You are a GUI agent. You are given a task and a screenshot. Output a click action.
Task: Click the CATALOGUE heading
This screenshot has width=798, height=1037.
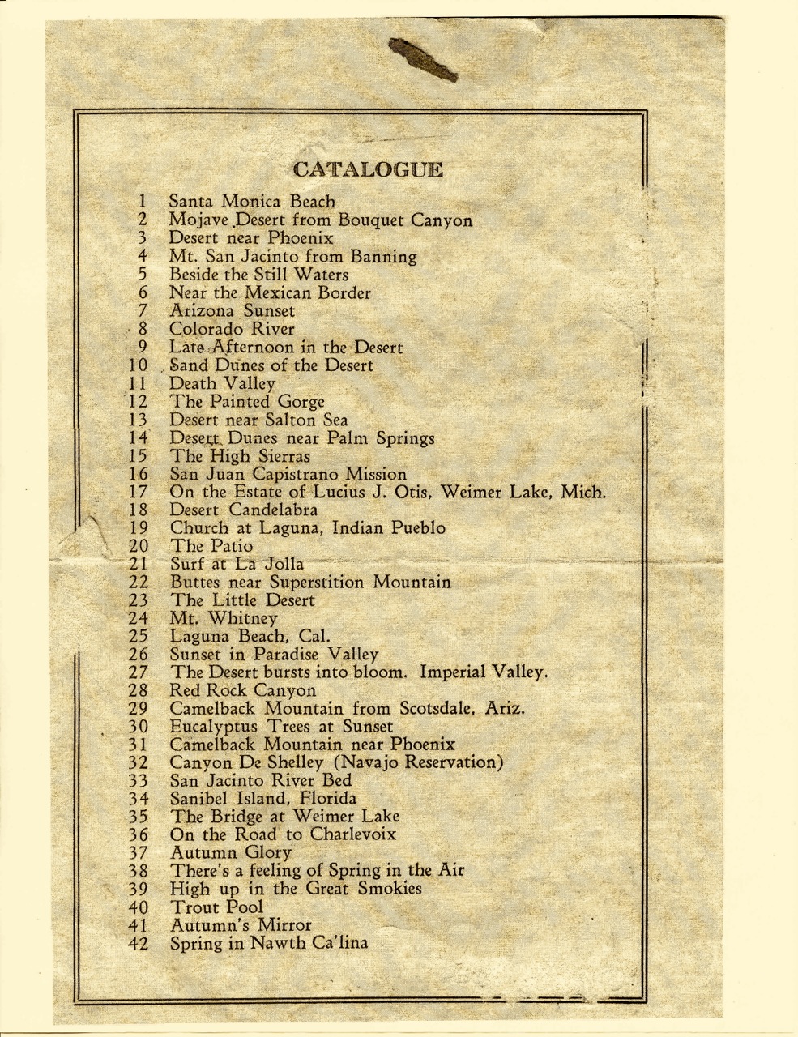click(x=368, y=170)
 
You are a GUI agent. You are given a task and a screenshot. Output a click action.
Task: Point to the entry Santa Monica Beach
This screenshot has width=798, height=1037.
click(x=252, y=201)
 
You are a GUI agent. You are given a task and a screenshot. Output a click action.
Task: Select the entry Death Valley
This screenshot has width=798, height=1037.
click(x=222, y=384)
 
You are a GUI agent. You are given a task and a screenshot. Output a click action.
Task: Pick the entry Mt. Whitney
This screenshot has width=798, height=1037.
click(x=224, y=619)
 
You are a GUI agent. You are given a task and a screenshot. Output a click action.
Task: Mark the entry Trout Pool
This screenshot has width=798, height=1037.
click(x=217, y=907)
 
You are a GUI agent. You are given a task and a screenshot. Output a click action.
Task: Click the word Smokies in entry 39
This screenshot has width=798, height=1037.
click(x=392, y=889)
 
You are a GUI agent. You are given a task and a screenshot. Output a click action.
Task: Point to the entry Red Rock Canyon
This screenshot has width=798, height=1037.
click(x=243, y=691)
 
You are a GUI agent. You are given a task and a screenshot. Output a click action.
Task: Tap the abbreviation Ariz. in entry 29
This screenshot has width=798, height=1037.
click(x=506, y=709)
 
